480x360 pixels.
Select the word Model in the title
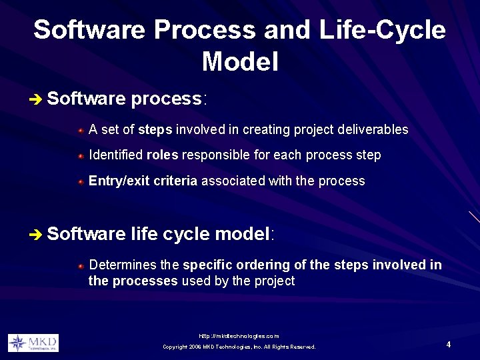239,62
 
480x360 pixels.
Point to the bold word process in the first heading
167,99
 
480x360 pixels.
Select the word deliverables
373,129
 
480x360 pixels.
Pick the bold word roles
162,155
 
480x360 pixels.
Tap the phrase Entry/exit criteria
143,181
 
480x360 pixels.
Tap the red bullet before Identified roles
80,156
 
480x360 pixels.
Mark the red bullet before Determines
80,265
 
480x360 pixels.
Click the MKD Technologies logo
33,343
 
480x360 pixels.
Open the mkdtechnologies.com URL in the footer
239,336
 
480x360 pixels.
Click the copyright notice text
239,347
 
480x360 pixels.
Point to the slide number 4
449,345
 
